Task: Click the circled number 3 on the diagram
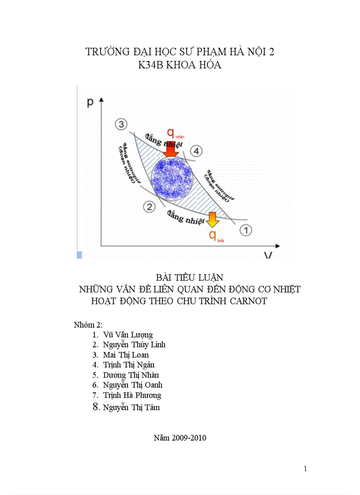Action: pos(121,124)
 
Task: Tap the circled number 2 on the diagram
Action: pos(150,206)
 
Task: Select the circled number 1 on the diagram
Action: pos(246,230)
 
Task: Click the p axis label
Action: pos(90,102)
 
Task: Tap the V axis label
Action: pos(267,255)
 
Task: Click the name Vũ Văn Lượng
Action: pos(128,335)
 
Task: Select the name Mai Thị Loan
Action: pos(126,355)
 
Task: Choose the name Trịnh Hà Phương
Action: pos(132,395)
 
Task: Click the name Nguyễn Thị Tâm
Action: pos(131,407)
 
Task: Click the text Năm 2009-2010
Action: pos(180,438)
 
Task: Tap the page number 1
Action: pos(305,469)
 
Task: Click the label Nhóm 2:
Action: pos(88,325)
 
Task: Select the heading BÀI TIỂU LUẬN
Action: pos(190,278)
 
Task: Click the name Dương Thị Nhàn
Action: pos(131,375)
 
